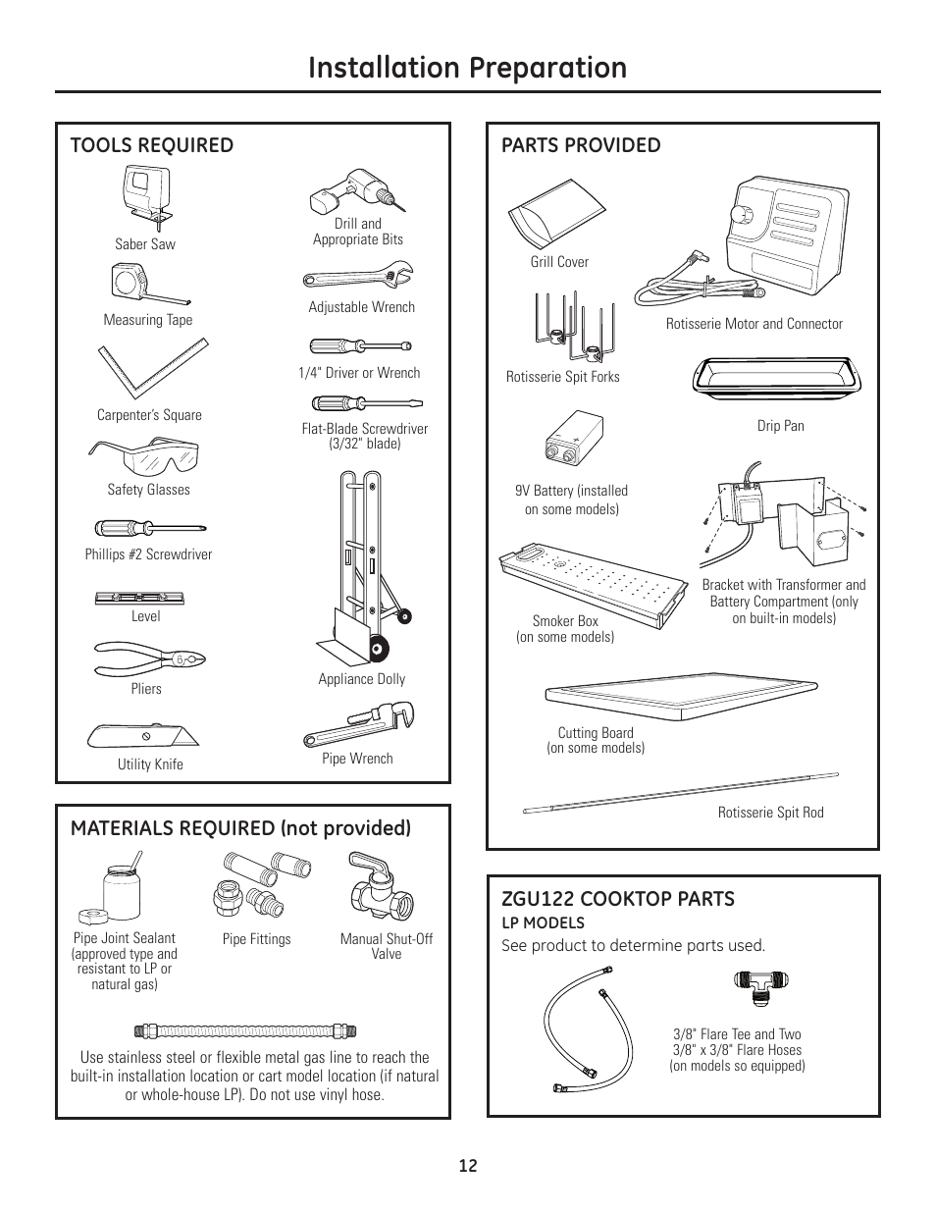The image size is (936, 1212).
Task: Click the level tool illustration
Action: [139, 597]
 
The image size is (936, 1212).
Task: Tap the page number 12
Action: [468, 1166]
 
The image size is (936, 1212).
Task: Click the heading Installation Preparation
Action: [467, 67]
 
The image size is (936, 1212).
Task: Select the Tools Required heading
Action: [152, 145]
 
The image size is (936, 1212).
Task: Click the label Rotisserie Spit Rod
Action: [770, 813]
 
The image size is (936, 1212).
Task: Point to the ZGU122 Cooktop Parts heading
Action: [618, 898]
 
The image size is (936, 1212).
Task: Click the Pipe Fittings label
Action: [256, 939]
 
